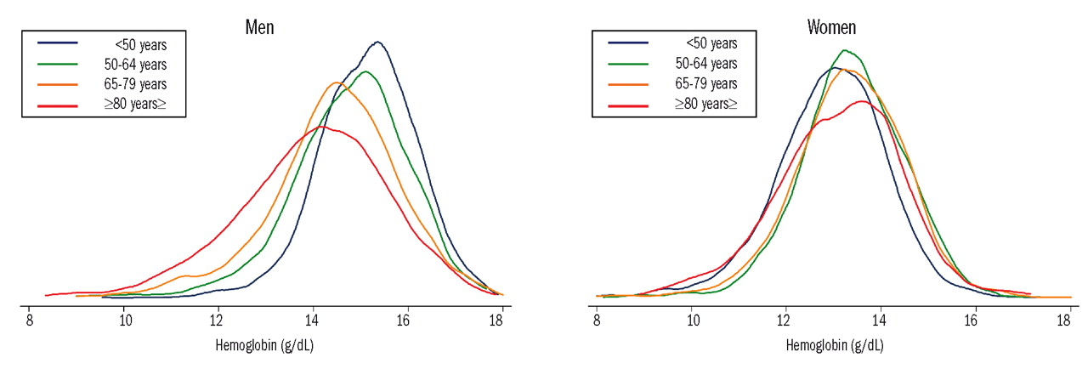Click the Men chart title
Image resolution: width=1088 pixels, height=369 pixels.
259,27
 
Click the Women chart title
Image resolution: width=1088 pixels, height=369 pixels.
831,27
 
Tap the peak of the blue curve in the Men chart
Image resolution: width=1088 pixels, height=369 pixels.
377,42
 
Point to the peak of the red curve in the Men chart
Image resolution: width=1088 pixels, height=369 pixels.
320,126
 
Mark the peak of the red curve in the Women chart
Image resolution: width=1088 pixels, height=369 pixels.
862,101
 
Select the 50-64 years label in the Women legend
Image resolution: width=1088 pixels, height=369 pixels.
705,64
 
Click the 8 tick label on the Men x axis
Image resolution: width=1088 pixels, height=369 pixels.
30,321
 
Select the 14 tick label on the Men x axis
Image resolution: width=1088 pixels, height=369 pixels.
314,321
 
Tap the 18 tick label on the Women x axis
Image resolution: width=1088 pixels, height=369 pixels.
1063,321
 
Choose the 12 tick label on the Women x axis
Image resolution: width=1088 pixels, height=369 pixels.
786,321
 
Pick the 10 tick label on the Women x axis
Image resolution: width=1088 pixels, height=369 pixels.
694,321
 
